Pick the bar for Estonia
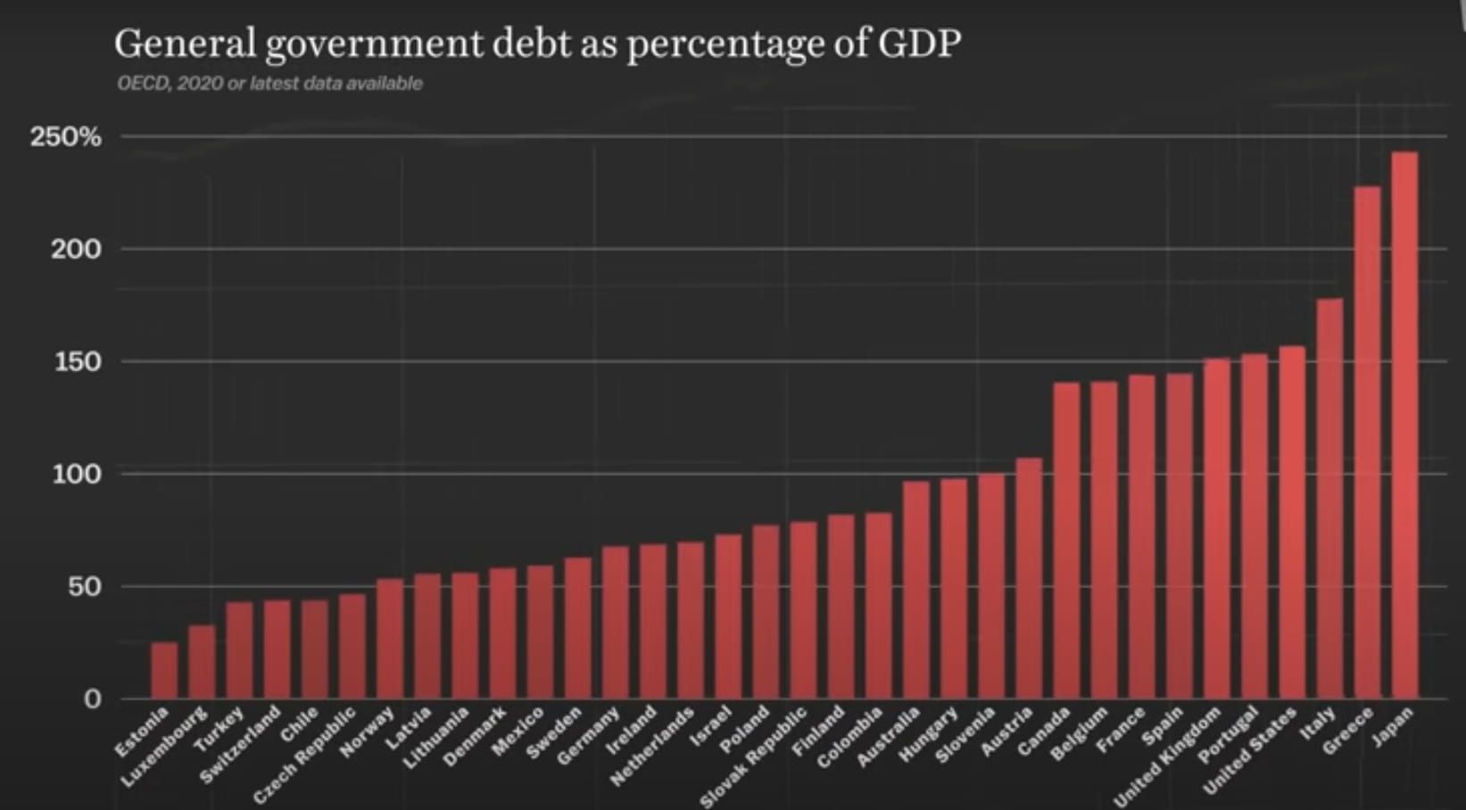click(164, 670)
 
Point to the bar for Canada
click(1066, 541)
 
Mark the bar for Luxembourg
click(202, 662)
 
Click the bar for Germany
click(616, 623)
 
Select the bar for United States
click(1291, 522)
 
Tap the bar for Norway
click(390, 639)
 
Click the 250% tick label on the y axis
click(65, 137)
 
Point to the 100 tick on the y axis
click(77, 474)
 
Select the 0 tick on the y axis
click(92, 699)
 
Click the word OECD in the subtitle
click(141, 84)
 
